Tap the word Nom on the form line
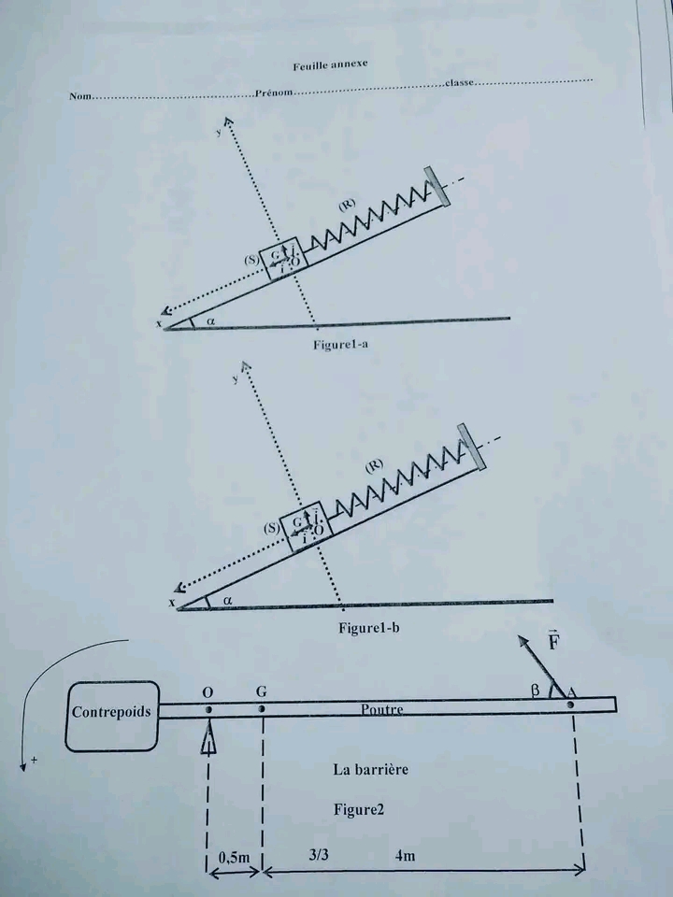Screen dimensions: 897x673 point(79,96)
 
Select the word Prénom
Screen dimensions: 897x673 point(273,93)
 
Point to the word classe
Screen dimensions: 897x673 point(460,83)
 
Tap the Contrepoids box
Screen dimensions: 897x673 point(111,711)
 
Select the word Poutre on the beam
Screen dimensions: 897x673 point(383,709)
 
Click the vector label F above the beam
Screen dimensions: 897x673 point(553,644)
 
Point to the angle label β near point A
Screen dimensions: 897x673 point(535,690)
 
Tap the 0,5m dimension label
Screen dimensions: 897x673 point(233,856)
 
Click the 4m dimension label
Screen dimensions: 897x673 point(406,855)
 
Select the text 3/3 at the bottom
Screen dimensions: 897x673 point(317,855)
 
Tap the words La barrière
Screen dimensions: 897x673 point(370,770)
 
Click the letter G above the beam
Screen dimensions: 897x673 point(262,691)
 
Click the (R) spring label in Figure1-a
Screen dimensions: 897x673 point(346,205)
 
